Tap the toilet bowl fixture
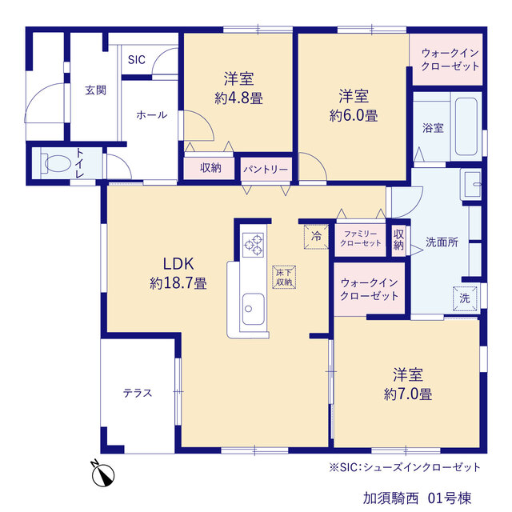click(x=55, y=163)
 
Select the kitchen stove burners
click(x=254, y=245)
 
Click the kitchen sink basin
click(x=253, y=309)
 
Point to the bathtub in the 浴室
click(x=466, y=126)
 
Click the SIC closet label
click(x=137, y=60)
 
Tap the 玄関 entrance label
click(x=96, y=90)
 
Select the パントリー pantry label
click(x=266, y=169)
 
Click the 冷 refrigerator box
click(x=316, y=237)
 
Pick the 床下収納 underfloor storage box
click(x=284, y=278)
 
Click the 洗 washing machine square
click(x=465, y=298)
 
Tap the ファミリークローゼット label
click(x=361, y=238)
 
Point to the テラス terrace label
click(x=138, y=393)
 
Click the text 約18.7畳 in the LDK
click(x=178, y=283)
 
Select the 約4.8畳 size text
click(x=238, y=98)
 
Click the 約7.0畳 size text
click(x=408, y=394)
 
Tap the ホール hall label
click(x=151, y=115)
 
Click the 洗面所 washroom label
click(x=442, y=242)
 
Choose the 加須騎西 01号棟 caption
click(x=418, y=498)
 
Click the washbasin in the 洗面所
click(x=471, y=184)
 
